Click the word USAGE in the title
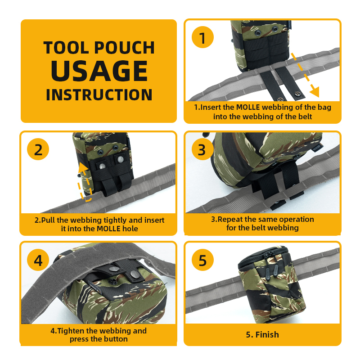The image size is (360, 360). (99, 71)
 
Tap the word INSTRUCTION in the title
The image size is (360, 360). (99, 95)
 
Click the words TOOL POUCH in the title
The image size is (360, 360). (99, 48)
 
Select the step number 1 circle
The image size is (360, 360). (203, 37)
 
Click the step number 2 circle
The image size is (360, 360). (38, 149)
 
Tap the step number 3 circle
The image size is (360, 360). (202, 149)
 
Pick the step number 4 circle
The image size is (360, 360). (38, 261)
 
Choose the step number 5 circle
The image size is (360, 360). (203, 261)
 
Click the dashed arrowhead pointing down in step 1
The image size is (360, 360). (314, 92)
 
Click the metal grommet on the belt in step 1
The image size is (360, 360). (297, 93)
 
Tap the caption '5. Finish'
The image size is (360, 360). (262, 334)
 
